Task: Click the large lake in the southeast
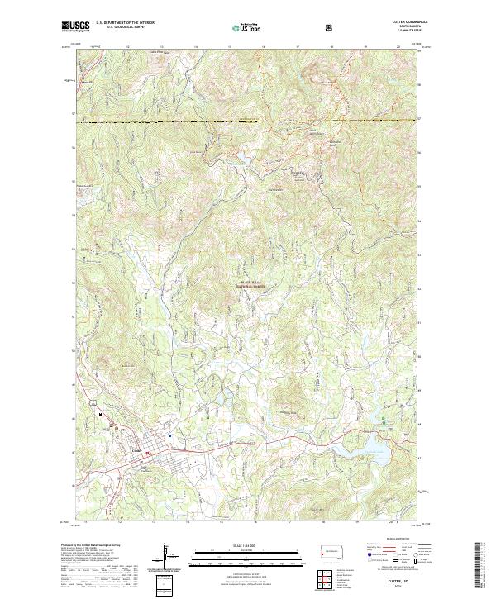tap(375, 447)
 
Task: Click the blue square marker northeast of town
tap(169, 436)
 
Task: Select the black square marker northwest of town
tap(103, 413)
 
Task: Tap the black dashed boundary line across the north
tap(248, 121)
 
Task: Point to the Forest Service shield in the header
tap(330, 27)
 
